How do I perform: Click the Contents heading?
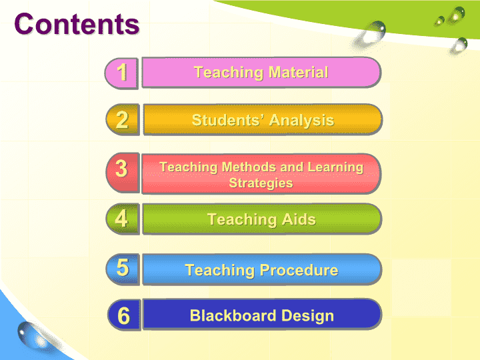tap(77, 24)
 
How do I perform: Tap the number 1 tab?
tap(121, 73)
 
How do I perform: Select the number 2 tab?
tap(123, 120)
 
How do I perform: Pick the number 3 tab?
tap(123, 173)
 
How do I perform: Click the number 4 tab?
tap(123, 219)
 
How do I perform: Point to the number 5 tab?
tap(123, 269)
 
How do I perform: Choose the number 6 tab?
tap(124, 315)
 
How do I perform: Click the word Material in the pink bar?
tap(298, 72)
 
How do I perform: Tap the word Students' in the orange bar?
tap(227, 120)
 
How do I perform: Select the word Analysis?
tap(301, 120)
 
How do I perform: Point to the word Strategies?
tap(261, 183)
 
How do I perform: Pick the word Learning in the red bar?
tap(335, 168)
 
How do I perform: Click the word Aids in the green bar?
tap(299, 219)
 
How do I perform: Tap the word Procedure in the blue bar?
tap(299, 270)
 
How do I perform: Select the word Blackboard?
tap(233, 315)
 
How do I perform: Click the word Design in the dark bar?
tap(307, 316)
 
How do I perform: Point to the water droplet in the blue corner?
tap(31, 335)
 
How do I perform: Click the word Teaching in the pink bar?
tap(229, 73)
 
